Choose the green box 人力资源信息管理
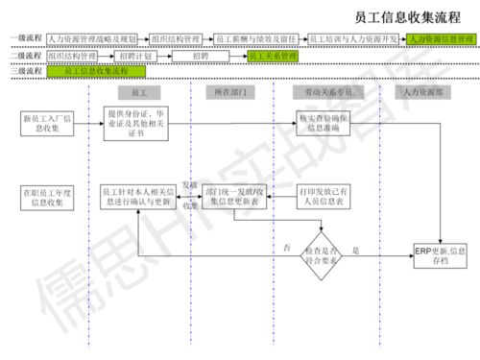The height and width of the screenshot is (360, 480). click(x=440, y=39)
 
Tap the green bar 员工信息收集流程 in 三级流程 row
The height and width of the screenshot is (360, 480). click(x=96, y=71)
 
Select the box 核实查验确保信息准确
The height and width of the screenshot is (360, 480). click(x=326, y=120)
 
